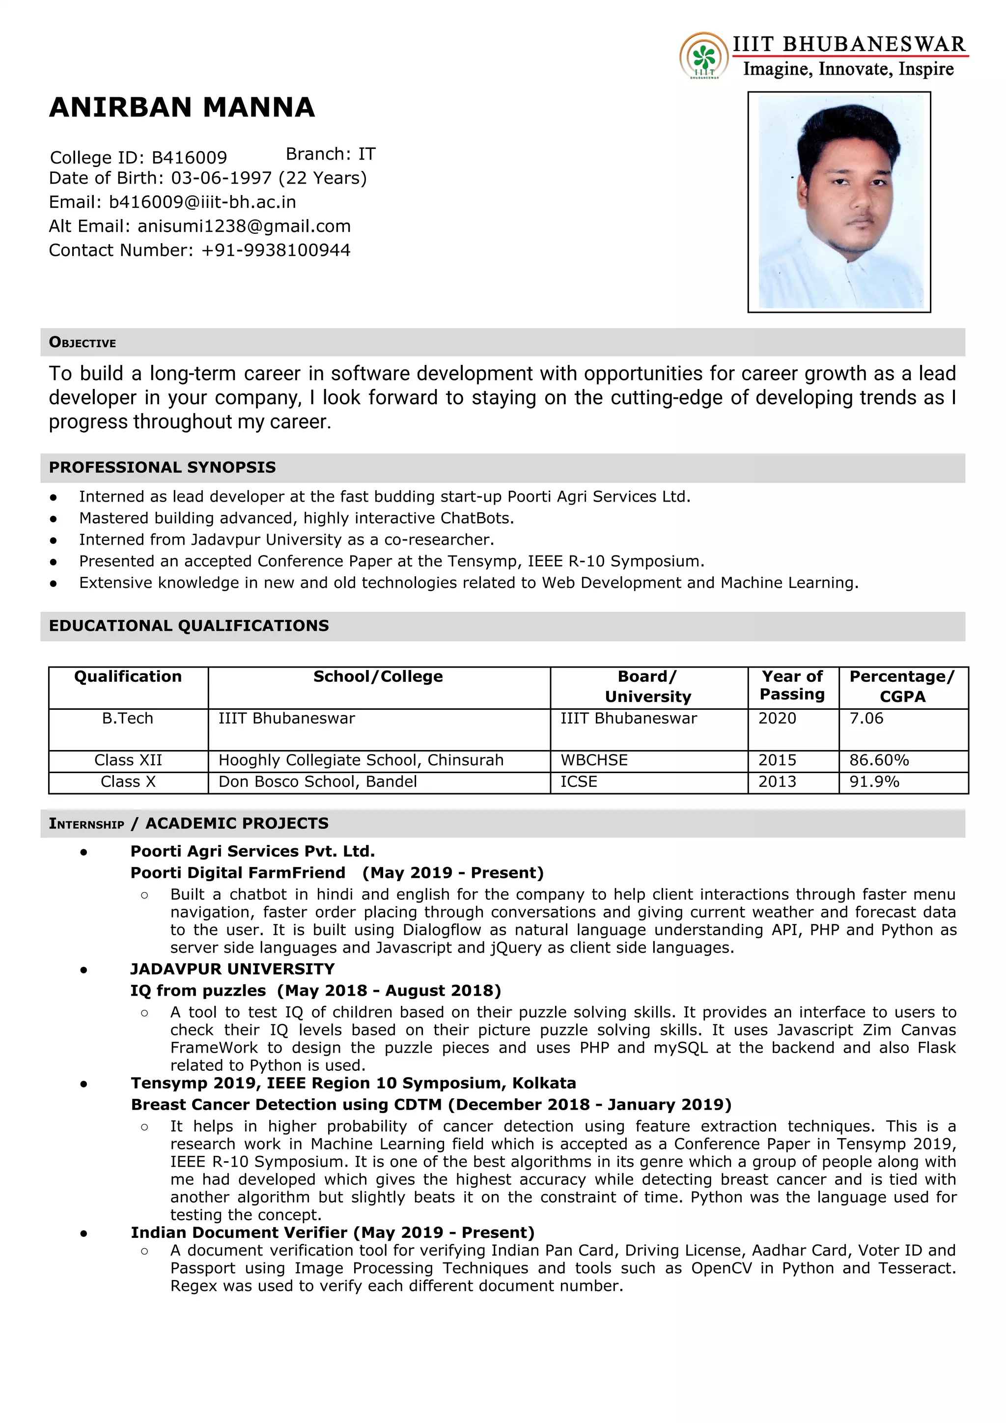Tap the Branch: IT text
(331, 154)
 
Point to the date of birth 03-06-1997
(221, 178)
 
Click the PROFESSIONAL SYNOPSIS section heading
(163, 467)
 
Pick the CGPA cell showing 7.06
(866, 718)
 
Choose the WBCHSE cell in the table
(594, 760)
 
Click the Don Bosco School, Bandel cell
(317, 781)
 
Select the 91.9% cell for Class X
(874, 781)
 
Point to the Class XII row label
(128, 760)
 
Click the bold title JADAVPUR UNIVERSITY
(232, 969)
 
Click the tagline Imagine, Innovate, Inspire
(848, 69)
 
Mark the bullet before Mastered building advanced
(54, 518)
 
